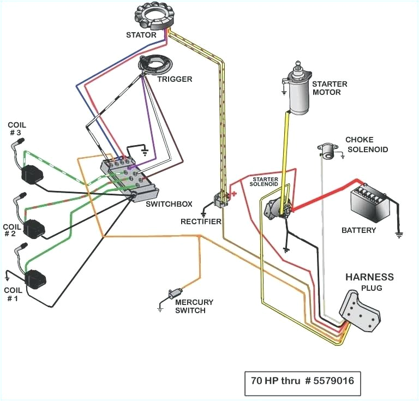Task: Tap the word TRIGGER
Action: point(175,79)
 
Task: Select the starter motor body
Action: point(298,96)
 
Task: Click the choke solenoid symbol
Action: point(327,151)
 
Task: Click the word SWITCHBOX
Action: point(169,204)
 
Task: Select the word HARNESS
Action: point(369,277)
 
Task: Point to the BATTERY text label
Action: point(358,230)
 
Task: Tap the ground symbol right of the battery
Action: point(399,235)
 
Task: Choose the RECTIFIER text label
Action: point(201,222)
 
